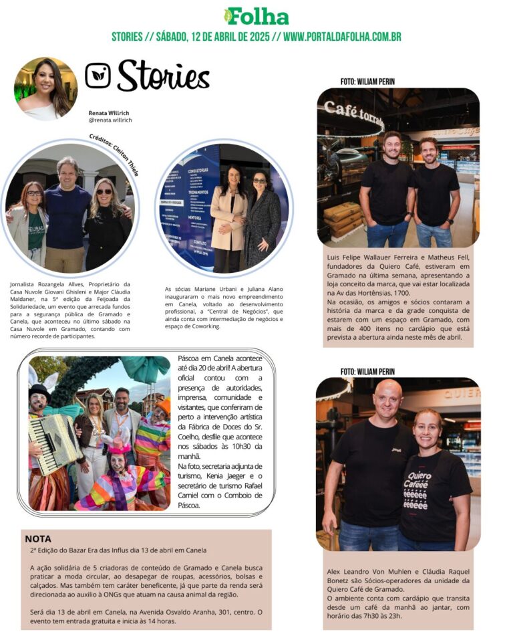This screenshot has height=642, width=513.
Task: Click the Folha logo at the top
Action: (256, 16)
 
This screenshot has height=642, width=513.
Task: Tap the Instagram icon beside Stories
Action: (98, 76)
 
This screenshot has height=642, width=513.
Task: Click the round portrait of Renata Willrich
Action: (45, 88)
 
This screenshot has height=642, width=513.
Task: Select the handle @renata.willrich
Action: (110, 120)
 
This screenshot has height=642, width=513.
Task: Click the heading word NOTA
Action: (38, 538)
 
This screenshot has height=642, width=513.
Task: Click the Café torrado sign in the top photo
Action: (353, 114)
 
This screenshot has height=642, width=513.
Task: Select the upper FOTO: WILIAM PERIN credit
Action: (367, 82)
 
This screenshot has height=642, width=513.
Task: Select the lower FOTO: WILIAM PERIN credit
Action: (367, 371)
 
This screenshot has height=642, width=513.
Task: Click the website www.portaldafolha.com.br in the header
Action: (342, 37)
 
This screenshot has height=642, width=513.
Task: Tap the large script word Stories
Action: (163, 76)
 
